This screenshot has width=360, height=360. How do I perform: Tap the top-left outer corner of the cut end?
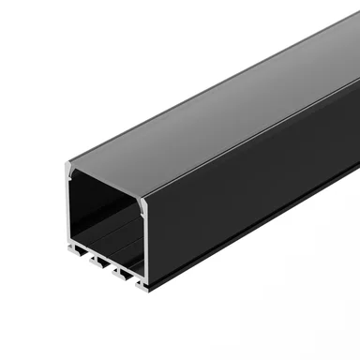(67, 165)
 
